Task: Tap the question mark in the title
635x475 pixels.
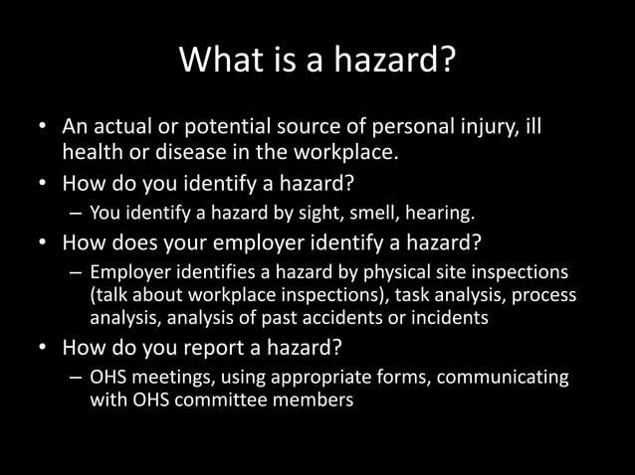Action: (448, 65)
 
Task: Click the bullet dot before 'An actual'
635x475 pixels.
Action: (42, 129)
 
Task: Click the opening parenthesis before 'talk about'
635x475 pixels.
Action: (93, 296)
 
